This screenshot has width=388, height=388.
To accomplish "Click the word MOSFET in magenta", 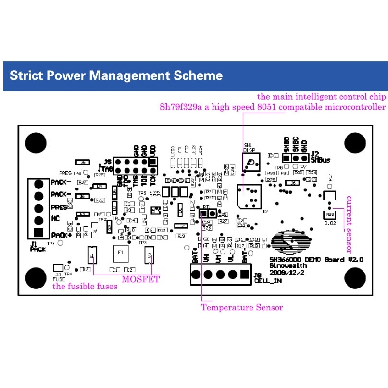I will [140, 279].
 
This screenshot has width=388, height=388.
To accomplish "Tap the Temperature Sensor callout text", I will [242, 307].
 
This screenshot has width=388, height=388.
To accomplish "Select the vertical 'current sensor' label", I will [350, 224].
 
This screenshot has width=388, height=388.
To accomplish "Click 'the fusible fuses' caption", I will [85, 287].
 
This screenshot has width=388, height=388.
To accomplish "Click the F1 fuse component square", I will [121, 252].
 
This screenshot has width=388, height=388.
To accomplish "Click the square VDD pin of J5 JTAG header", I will [153, 162].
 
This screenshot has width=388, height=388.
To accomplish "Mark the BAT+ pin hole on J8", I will [195, 275].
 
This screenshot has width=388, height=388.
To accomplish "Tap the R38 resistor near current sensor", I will [330, 214].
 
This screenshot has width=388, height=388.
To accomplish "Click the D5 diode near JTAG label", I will [83, 163].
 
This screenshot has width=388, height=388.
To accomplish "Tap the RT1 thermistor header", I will [208, 213].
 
